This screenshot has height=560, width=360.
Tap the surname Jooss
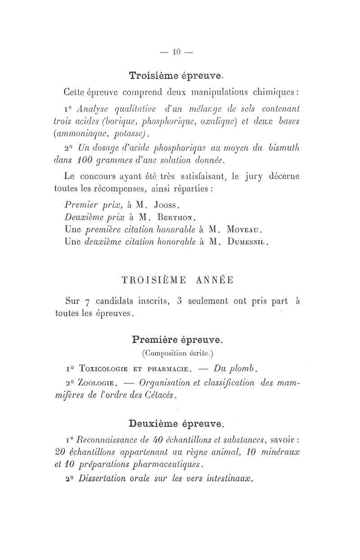[x=167, y=206]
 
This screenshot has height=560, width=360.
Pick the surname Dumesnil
[x=248, y=242]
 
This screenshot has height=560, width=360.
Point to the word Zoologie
[x=98, y=383]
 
